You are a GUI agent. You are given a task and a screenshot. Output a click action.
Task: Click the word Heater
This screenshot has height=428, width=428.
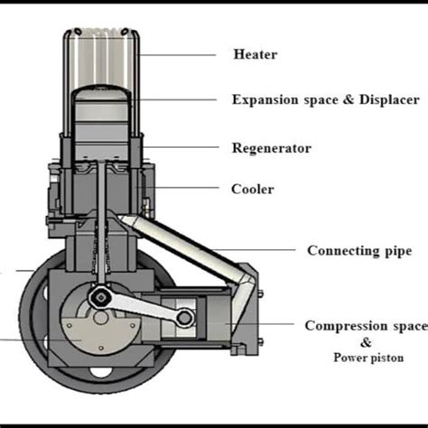tap(255, 55)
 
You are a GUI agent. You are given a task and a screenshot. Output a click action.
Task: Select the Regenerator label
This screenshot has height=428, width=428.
tap(271, 147)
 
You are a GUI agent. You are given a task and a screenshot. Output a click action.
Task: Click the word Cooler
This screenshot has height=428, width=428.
tap(253, 190)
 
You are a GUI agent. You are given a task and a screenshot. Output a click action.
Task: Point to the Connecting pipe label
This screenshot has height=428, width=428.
tap(357, 250)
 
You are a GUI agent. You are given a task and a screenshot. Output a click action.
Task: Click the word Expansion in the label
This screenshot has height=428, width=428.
tap(266, 100)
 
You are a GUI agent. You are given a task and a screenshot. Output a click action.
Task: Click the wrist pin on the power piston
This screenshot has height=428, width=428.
tap(184, 317)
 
